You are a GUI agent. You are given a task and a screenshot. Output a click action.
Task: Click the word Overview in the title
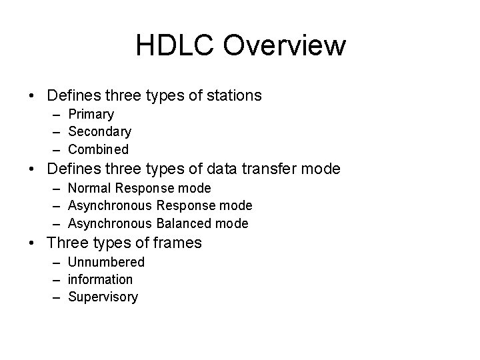point(285,46)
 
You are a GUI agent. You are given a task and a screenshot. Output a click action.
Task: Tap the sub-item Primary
point(91,115)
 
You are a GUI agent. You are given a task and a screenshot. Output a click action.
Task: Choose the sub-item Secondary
point(99,132)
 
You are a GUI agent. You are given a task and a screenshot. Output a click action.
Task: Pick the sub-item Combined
point(98,149)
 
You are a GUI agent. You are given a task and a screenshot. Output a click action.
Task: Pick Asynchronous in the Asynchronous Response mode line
point(111,206)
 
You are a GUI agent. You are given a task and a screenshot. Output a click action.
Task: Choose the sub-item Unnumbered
point(106,262)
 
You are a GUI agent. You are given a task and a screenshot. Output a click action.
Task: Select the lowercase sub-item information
point(101,279)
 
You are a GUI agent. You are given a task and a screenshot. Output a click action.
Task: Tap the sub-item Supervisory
point(103,297)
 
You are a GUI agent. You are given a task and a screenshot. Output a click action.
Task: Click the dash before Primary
point(58,115)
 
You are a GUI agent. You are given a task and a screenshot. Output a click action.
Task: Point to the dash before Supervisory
point(58,297)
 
